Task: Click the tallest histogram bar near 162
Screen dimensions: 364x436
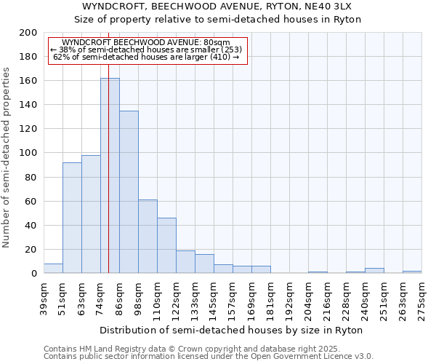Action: point(110,175)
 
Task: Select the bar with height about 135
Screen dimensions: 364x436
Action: point(129,192)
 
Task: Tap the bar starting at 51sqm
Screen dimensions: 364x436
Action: point(72,218)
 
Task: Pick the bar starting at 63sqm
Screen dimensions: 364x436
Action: point(91,214)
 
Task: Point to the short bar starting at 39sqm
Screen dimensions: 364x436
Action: point(53,269)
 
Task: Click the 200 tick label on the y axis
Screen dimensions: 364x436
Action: point(28,33)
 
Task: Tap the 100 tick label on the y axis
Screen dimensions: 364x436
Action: point(28,153)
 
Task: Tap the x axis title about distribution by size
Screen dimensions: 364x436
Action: point(231,330)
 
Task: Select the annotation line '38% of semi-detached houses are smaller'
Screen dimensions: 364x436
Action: point(148,50)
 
